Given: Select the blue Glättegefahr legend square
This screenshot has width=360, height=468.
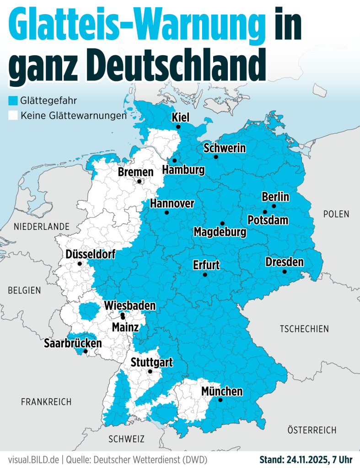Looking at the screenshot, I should tap(13, 100).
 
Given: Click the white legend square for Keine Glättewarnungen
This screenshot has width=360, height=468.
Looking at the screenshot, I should tap(13, 116).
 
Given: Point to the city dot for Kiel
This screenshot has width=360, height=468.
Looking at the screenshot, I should tap(178, 127).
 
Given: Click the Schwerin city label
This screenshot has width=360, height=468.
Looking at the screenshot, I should tap(225, 148).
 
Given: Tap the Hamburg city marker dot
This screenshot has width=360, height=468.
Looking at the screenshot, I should tap(174, 160).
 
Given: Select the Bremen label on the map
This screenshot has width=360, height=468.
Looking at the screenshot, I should tap(135, 172).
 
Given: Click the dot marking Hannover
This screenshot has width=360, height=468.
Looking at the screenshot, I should tap(167, 213).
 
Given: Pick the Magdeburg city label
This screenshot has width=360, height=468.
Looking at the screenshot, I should tap(220, 232).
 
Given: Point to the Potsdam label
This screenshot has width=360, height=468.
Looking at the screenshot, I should tap(268, 220).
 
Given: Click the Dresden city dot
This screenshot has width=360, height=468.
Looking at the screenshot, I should tap(285, 271).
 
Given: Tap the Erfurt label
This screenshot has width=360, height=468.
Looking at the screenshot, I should tap(206, 265).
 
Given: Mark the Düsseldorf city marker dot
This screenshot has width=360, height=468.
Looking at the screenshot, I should tap(80, 264).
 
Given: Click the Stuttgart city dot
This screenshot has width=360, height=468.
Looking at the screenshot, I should tap(150, 372).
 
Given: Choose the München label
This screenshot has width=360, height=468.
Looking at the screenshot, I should tap(222, 392).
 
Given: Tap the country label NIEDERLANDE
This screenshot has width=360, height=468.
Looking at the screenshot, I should tap(42, 227).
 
